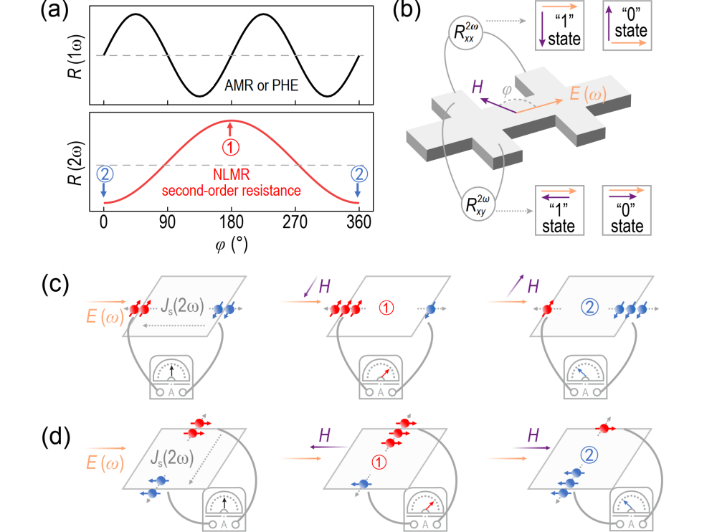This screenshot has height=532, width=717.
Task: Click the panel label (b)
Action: pos(416,11)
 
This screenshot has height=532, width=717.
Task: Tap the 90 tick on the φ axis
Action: pos(167,223)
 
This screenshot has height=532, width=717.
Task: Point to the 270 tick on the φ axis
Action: pos(294,223)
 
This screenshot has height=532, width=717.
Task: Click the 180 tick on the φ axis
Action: pos(230,223)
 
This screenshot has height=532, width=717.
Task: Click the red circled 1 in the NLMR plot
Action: pos(230,146)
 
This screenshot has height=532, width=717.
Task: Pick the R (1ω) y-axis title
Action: pos(74,55)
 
